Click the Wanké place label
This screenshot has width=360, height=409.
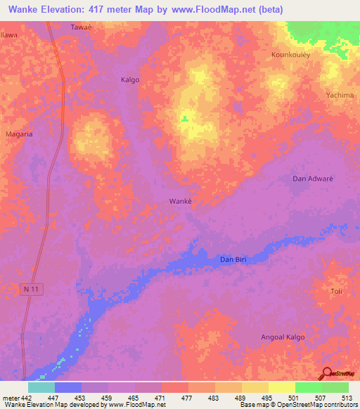point(181,201)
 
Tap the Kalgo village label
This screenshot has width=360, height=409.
point(130,79)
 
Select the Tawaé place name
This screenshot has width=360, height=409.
point(82,28)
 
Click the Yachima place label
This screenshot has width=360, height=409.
point(339,94)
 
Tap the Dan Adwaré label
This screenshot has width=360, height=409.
point(312,178)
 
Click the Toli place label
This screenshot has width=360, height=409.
point(336,291)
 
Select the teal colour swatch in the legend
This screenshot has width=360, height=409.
point(41,387)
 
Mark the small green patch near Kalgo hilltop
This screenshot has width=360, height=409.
point(184,118)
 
